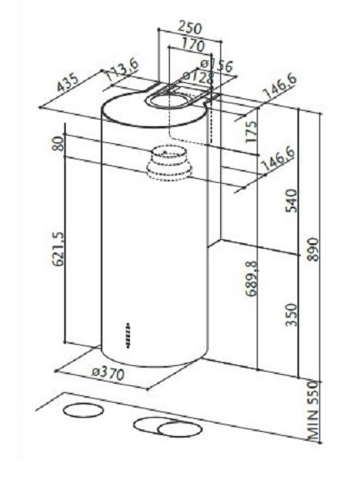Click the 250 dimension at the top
pos(184,27)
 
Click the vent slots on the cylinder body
pos(129,336)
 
